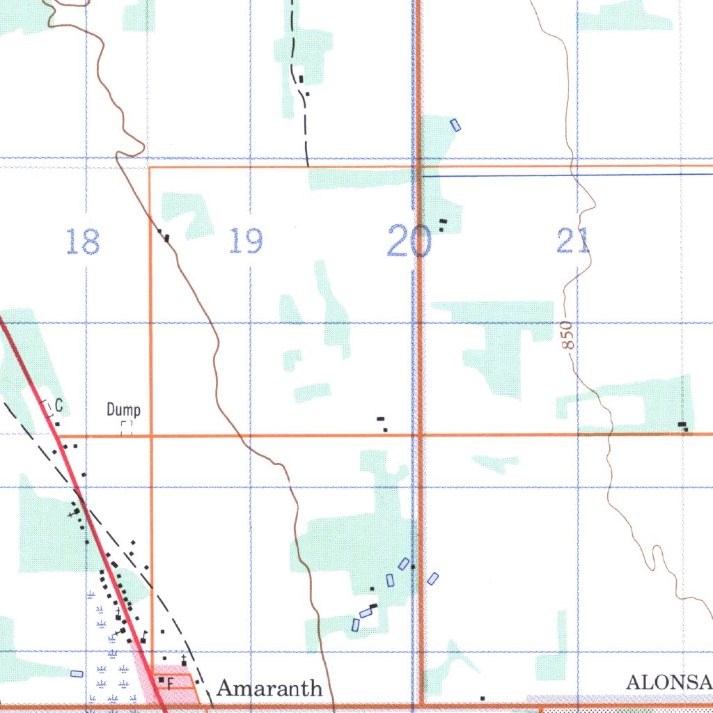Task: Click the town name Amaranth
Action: pos(269,689)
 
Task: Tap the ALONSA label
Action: pos(668,682)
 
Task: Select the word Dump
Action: pos(123,410)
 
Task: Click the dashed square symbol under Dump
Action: pos(126,428)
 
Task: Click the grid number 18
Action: pos(83,242)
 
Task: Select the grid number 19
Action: pos(246,241)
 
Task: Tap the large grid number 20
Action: pos(409,241)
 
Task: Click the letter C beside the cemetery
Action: pos(59,405)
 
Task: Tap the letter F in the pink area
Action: pos(170,684)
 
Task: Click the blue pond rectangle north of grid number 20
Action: pos(455,125)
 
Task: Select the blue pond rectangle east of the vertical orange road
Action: pos(432,578)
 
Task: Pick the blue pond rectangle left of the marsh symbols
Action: pos(76,673)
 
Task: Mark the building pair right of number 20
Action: pos(443,224)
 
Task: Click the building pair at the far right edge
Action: pos(684,425)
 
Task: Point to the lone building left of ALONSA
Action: pos(482,698)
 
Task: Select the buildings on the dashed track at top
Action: pos(303,84)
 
